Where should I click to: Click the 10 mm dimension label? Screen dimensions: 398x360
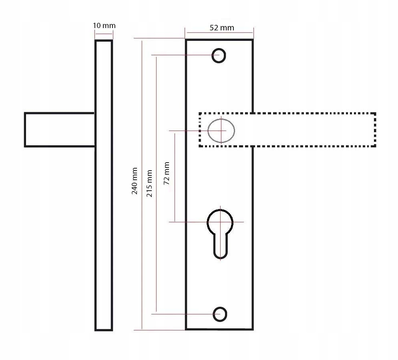(x=104, y=26)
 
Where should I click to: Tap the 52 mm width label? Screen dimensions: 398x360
(x=222, y=28)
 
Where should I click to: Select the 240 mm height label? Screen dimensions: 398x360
(x=134, y=181)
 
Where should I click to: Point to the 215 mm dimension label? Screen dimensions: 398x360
(x=149, y=183)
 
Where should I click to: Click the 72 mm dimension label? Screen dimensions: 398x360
(x=167, y=173)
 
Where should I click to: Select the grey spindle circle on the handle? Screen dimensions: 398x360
(x=221, y=119)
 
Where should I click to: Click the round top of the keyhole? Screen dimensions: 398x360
(x=220, y=210)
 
